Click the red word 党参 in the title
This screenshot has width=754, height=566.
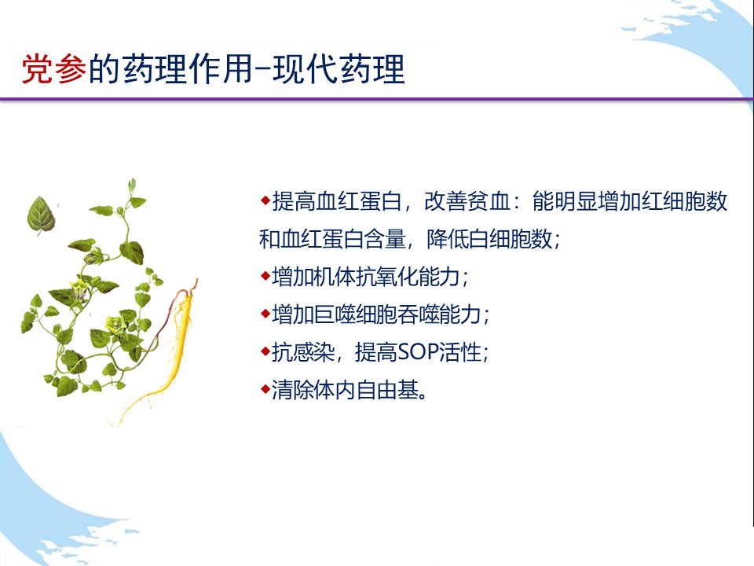[54, 69]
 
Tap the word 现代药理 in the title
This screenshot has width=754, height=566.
[339, 69]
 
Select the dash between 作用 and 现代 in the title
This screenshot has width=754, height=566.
[262, 70]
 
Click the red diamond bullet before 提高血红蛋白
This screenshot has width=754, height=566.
[265, 199]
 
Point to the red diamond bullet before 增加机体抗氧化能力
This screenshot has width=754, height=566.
[265, 276]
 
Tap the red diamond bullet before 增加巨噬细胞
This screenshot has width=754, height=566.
[265, 314]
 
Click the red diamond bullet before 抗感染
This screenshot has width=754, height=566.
[265, 351]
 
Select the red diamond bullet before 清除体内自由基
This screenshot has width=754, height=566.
[265, 388]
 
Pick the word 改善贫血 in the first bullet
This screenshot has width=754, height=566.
[467, 200]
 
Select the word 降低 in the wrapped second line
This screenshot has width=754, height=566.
[447, 239]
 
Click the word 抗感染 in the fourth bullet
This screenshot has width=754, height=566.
[303, 352]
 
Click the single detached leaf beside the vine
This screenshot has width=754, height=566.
[42, 215]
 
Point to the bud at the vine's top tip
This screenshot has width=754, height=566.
[131, 185]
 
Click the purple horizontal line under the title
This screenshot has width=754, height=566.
[377, 99]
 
